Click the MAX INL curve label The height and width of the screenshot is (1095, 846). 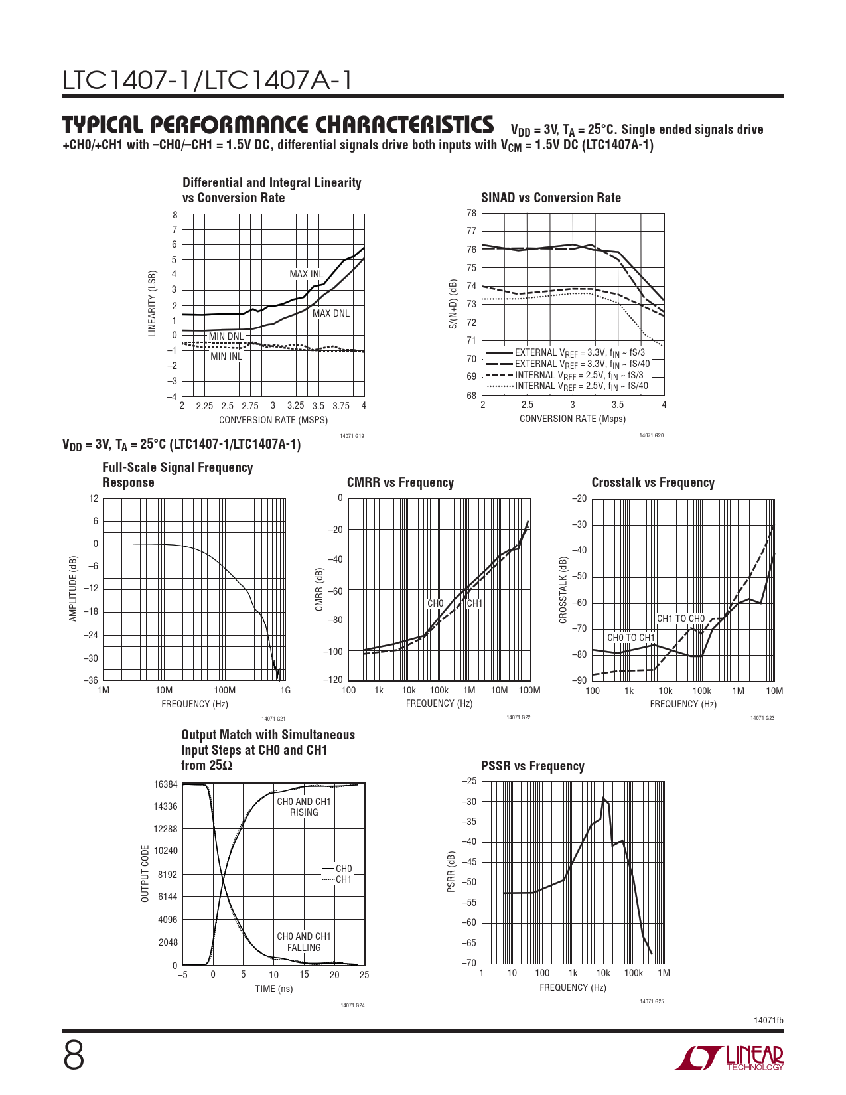tap(306, 274)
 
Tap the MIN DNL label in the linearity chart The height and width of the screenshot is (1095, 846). tap(226, 336)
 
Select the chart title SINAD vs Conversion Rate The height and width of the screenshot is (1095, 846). tap(551, 198)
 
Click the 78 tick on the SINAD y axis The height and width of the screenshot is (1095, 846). tap(471, 213)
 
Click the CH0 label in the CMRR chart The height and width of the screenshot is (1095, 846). tap(435, 603)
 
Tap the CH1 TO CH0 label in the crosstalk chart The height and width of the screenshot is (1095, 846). tap(681, 619)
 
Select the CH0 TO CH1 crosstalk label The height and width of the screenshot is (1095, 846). tap(631, 638)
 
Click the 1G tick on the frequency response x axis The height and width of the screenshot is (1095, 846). tap(285, 690)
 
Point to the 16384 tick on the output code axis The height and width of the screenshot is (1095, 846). tap(166, 784)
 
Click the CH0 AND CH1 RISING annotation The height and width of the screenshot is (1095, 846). tap(304, 807)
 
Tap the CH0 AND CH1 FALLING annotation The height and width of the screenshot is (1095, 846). tap(304, 942)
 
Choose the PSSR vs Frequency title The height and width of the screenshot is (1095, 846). tap(532, 766)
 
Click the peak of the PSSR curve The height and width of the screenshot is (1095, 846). tap(603, 798)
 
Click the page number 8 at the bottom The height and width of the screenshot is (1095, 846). tap(74, 1056)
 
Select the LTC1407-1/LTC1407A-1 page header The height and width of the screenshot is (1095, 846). tap(207, 80)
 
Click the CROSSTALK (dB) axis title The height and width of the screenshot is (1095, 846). tap(563, 590)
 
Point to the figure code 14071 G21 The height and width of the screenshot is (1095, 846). tap(273, 719)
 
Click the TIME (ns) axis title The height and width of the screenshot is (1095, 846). tap(274, 989)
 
